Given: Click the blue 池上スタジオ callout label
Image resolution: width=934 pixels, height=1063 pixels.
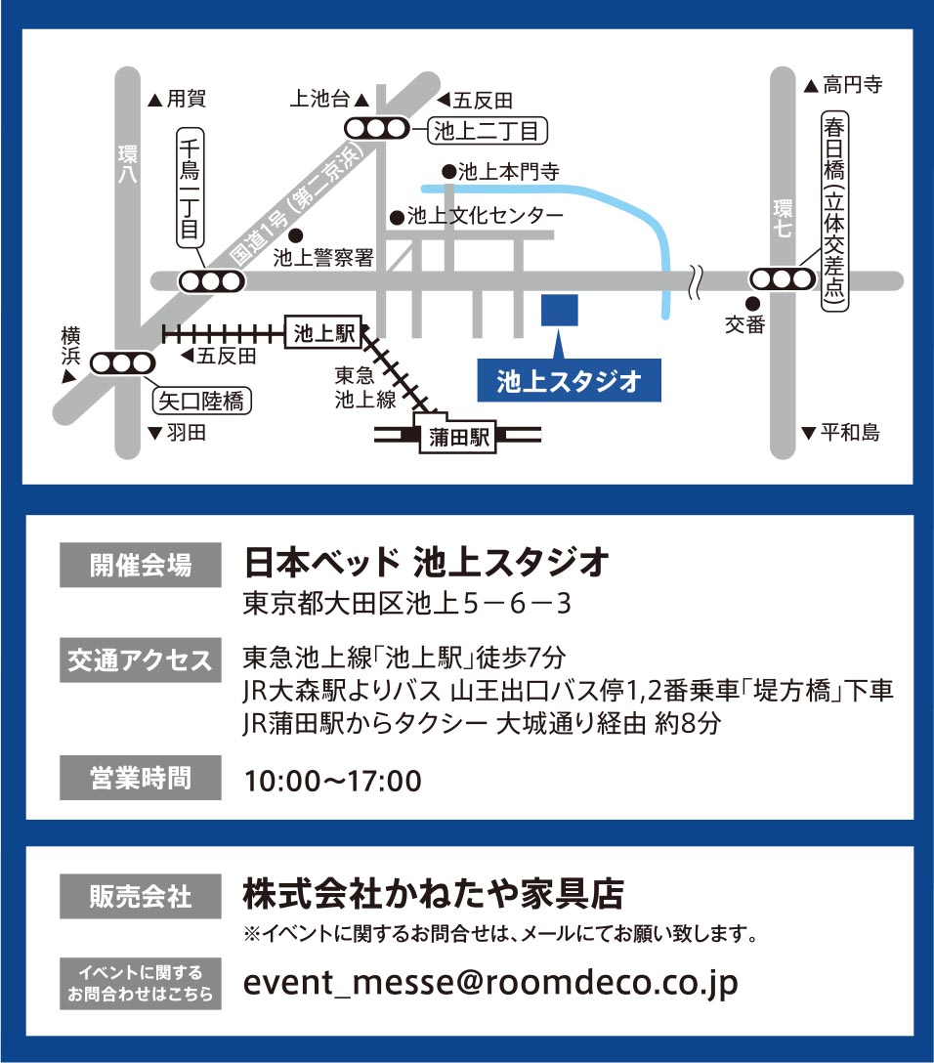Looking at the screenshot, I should coord(569,381).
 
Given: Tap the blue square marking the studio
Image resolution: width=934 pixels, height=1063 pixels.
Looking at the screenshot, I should coord(559,310).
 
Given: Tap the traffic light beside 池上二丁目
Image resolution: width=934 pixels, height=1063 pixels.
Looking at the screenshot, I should coord(376,128).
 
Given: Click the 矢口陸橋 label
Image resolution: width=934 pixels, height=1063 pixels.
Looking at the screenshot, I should coord(201,401).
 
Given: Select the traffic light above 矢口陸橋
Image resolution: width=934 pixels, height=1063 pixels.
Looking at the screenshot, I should coord(123,363).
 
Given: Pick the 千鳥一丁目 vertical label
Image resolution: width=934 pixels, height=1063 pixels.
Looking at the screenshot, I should coord(190,191).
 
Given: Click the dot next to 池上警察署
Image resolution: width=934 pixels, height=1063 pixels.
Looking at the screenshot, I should coord(296,235).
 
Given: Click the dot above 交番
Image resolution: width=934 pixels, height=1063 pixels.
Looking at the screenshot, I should coord(753,303).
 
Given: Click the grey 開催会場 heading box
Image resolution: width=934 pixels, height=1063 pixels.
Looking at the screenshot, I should coord(141,565).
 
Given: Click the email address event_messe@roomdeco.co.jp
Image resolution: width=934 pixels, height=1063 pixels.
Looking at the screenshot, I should coord(489,984).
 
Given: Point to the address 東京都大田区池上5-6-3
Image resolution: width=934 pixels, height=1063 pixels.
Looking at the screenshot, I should coord(406,604).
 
